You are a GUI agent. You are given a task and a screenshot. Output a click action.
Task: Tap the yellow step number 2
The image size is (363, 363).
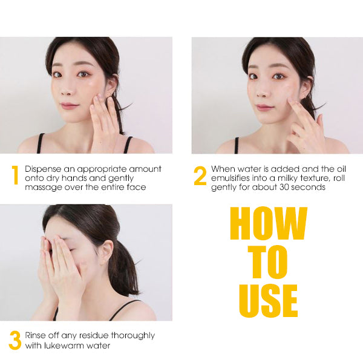200,175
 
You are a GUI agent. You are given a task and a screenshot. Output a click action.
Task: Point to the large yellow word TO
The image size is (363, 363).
269,263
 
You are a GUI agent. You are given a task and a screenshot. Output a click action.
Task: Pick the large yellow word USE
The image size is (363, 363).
269,301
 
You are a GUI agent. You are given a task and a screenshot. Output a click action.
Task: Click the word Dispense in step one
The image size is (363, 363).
44,168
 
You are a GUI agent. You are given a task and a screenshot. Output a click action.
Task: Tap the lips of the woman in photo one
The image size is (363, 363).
70,105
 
